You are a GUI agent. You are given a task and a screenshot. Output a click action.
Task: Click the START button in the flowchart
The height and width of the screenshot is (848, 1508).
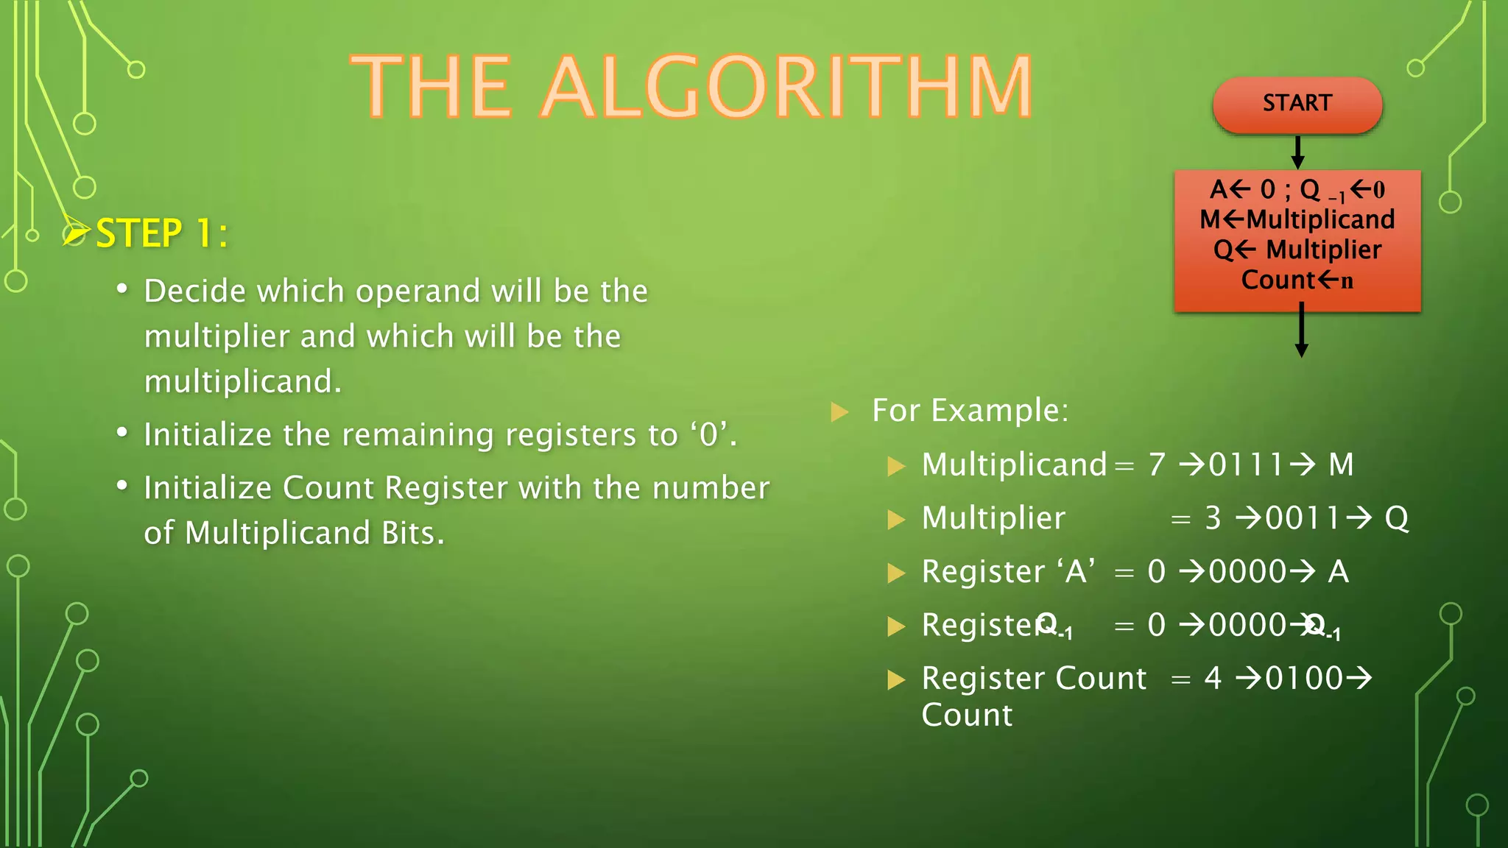point(1297,104)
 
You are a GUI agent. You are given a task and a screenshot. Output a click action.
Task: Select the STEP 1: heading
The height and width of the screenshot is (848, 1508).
point(161,234)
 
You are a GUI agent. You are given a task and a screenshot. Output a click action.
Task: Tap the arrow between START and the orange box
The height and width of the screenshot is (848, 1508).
point(1298,152)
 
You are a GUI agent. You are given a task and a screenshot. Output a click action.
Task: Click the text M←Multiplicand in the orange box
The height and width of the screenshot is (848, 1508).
point(1297,219)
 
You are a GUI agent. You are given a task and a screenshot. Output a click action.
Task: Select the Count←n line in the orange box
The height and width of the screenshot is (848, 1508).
point(1297,280)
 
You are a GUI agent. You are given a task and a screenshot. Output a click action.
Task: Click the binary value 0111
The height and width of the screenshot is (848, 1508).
point(1246,464)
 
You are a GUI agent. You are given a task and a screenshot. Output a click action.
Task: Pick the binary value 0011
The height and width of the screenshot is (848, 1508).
point(1303,518)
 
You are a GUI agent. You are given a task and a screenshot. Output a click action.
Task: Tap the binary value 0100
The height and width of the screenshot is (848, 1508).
point(1304,678)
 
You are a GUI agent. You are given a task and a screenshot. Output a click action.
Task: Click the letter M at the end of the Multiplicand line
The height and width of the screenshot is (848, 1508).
point(1341,464)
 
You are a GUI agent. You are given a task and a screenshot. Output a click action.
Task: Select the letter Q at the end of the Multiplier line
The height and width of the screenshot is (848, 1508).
point(1397,518)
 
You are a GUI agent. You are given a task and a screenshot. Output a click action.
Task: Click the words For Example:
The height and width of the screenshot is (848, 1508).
point(970,410)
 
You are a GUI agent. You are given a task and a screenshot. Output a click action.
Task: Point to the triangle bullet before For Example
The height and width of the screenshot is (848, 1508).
point(839,411)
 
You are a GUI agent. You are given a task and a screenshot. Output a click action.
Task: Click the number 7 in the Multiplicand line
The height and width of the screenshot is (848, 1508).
point(1157,464)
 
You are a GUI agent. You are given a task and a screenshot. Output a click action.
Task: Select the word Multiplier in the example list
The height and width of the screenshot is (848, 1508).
point(993,518)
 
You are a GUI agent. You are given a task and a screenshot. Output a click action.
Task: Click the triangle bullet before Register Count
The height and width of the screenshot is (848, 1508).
point(895,679)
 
